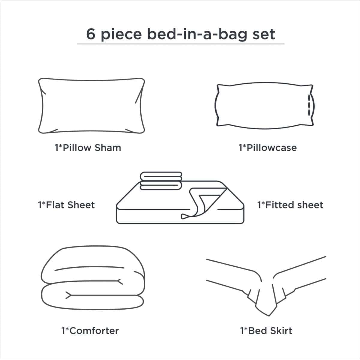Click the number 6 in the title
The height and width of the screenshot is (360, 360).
click(91, 34)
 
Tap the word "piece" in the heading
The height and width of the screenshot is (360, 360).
click(121, 35)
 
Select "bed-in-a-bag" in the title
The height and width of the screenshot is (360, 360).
click(197, 35)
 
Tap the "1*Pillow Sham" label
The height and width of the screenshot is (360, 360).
click(88, 148)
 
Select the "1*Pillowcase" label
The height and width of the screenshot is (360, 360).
click(268, 148)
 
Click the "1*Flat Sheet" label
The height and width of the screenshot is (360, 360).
click(66, 205)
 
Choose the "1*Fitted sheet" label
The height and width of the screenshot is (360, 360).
click(290, 205)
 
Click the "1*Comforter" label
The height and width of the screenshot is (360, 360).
click(90, 331)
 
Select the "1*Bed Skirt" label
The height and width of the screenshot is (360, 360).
click(266, 331)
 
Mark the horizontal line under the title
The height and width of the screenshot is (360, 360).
click(181, 44)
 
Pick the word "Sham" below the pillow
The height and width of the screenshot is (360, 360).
click(108, 148)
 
